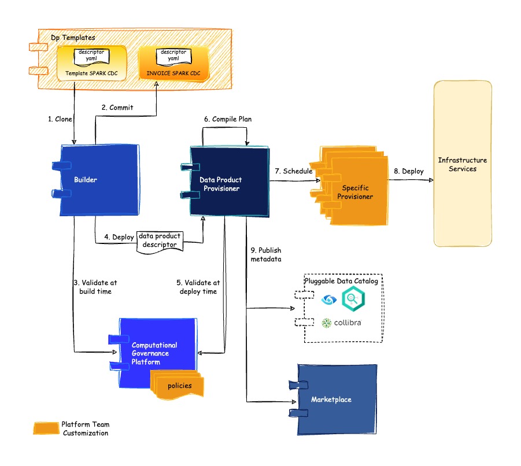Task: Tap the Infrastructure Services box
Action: click(x=462, y=164)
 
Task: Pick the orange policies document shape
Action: click(x=179, y=385)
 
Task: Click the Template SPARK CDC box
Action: click(x=91, y=63)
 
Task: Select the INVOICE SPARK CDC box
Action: click(x=173, y=64)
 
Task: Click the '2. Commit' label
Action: click(x=117, y=108)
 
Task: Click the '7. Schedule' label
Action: click(x=293, y=171)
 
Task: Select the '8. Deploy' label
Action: click(x=408, y=171)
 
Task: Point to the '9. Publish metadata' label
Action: click(x=266, y=255)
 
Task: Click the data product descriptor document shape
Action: click(x=160, y=241)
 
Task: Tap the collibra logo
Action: click(x=341, y=323)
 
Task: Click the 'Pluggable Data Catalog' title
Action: click(x=341, y=282)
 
